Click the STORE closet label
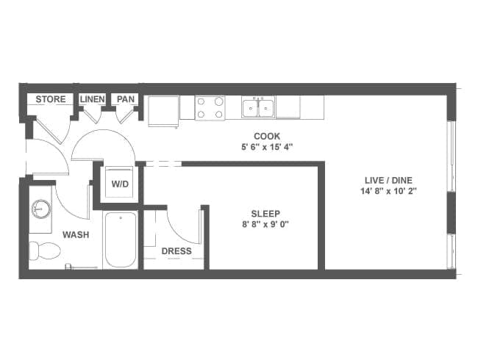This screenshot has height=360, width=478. (51, 99)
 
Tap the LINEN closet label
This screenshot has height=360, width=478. (93, 99)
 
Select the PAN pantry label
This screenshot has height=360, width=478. (126, 99)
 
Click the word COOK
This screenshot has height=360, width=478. (265, 136)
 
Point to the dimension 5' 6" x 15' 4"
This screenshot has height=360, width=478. (265, 146)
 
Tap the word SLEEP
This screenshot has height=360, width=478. (265, 214)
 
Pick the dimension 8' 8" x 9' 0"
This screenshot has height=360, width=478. (265, 225)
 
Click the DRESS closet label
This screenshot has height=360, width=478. (176, 251)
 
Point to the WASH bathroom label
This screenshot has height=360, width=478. (76, 235)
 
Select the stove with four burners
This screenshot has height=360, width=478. (210, 108)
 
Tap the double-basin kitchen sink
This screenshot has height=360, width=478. (258, 108)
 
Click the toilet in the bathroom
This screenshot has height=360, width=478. (44, 251)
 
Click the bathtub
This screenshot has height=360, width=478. (120, 240)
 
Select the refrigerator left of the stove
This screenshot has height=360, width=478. (163, 110)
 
